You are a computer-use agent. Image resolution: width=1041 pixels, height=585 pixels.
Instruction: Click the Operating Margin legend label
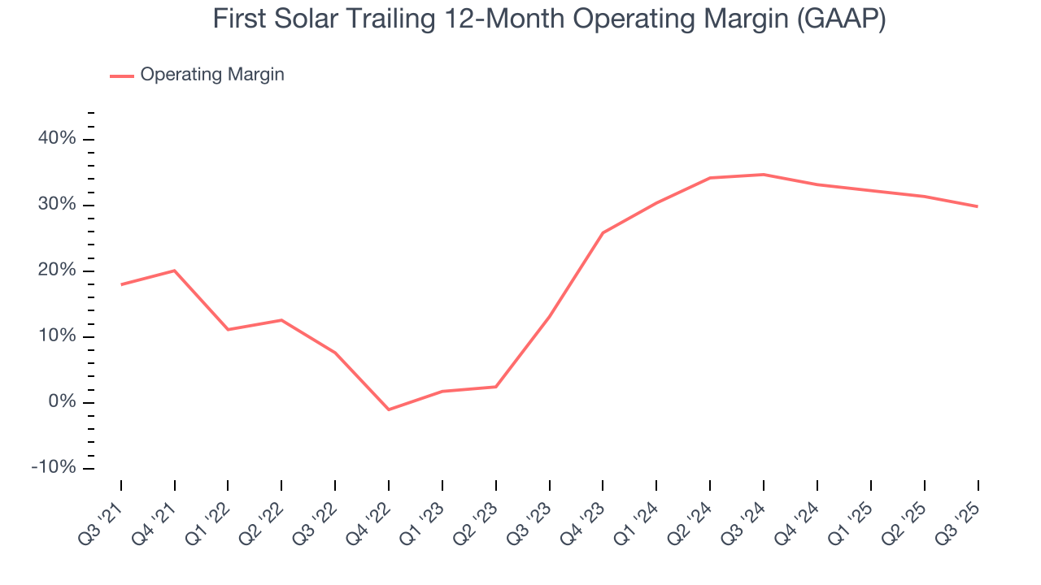212,75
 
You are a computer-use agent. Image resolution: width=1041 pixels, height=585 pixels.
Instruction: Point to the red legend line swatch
122,76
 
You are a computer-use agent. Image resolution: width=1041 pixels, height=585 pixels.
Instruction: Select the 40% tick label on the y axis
57,139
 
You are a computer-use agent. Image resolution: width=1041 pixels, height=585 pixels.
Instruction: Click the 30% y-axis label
57,205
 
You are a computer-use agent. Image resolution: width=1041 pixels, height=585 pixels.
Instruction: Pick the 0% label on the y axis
62,402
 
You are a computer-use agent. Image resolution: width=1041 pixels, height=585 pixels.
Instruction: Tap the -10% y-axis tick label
54,468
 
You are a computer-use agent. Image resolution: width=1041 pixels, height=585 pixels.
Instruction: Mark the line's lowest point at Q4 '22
389,409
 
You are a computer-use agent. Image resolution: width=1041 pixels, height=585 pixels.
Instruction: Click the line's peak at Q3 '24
764,174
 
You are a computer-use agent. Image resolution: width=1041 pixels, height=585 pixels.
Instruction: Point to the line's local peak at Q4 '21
175,271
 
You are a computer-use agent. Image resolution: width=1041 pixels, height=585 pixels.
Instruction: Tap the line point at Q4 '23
603,233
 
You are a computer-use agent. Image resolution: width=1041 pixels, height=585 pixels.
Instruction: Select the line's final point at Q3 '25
977,206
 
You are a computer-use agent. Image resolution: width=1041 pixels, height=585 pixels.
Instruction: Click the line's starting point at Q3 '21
121,284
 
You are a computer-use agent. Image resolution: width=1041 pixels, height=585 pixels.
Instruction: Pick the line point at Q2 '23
496,387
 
